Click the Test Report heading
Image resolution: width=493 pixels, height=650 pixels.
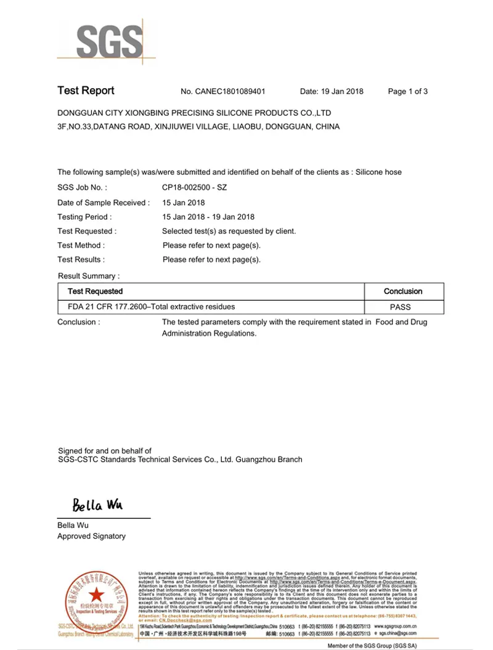tap(86, 91)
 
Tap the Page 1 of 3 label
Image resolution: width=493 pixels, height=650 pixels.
tap(407, 92)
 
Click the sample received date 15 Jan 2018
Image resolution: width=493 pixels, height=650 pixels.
tap(183, 203)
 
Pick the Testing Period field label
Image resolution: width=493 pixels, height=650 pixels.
tap(84, 217)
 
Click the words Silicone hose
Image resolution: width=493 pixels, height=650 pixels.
tap(379, 173)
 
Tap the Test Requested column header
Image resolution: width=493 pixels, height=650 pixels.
tap(95, 291)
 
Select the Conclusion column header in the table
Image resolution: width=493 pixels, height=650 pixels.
tap(403, 291)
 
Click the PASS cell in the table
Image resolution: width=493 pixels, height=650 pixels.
tap(401, 307)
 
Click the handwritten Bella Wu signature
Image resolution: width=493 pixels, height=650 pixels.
tap(97, 505)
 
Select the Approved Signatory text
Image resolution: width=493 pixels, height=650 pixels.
tap(91, 536)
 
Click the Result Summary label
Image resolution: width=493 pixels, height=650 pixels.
tap(88, 276)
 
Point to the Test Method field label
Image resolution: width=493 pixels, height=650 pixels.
tap(81, 245)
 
